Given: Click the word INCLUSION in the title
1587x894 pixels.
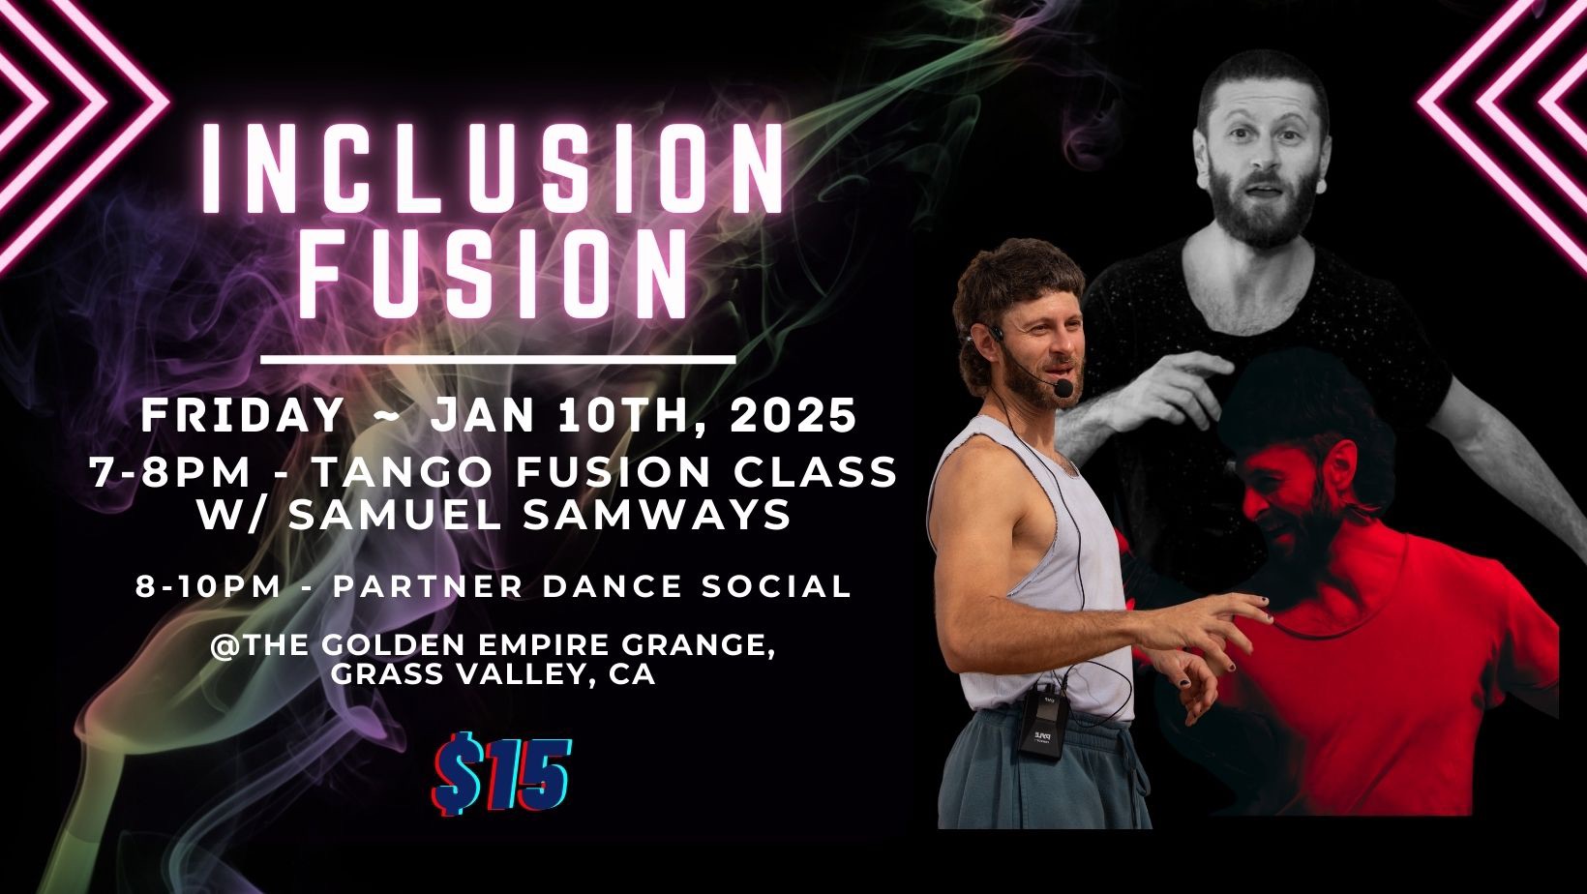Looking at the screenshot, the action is [x=494, y=168].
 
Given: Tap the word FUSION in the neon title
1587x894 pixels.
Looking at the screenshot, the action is [x=494, y=273].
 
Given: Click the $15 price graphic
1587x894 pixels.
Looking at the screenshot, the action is [x=501, y=774].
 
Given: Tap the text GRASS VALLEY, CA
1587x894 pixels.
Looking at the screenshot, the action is [x=494, y=674].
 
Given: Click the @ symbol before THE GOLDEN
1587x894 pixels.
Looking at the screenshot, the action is [x=225, y=646].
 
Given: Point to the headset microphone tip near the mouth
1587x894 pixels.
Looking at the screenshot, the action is [x=1063, y=388].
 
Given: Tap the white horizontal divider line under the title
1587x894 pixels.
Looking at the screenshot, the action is [x=498, y=360].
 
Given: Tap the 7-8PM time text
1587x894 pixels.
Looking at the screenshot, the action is [x=170, y=472].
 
